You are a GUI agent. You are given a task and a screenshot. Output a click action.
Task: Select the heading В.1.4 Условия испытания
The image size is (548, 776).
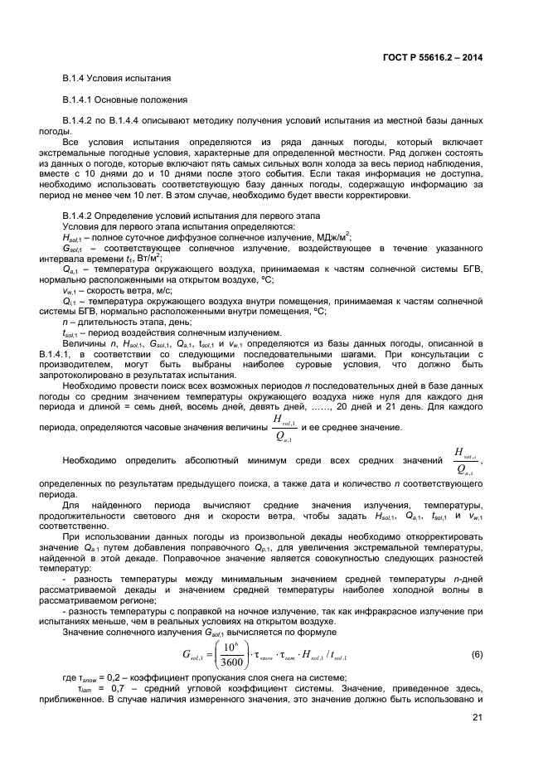coord(117,78)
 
